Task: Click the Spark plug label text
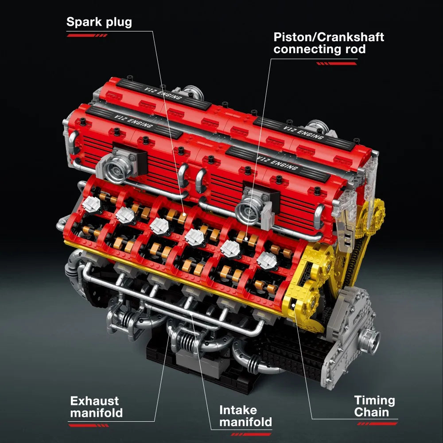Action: pyautogui.click(x=99, y=22)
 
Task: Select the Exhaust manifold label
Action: pyautogui.click(x=96, y=407)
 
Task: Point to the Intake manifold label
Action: pyautogui.click(x=245, y=416)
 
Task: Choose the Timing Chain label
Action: pyautogui.click(x=374, y=406)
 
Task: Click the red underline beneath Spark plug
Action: pyautogui.click(x=87, y=35)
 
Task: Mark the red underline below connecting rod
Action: pyautogui.click(x=337, y=63)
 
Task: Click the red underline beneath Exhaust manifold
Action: pyautogui.click(x=89, y=425)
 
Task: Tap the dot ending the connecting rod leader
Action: pyautogui.click(x=245, y=239)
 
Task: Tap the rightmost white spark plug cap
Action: pyautogui.click(x=265, y=260)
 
